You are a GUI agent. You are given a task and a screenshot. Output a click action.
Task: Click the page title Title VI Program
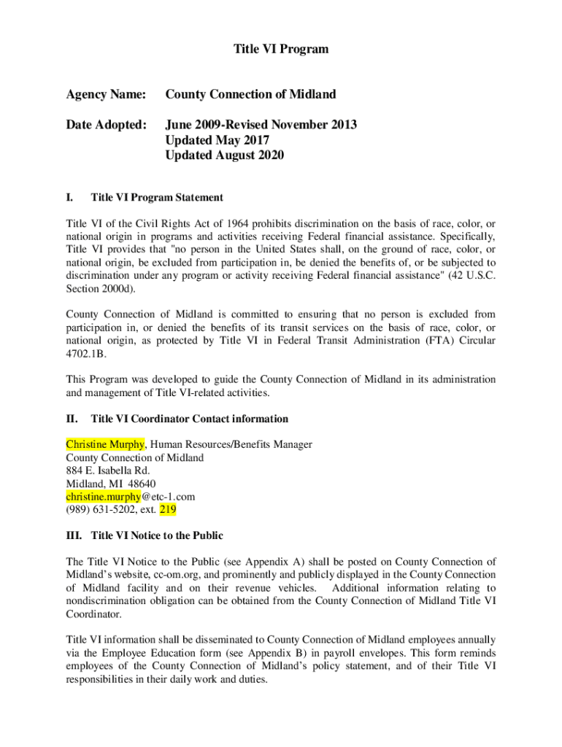281,50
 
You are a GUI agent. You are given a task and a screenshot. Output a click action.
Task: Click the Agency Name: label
106,94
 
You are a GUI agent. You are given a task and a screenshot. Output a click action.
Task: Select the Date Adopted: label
106,125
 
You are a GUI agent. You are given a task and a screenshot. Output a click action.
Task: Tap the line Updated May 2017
217,140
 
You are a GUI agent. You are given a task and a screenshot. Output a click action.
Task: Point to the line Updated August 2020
224,155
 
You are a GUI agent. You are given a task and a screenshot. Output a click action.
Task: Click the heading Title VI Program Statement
157,198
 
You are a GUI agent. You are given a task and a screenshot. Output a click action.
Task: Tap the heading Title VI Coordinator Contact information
189,419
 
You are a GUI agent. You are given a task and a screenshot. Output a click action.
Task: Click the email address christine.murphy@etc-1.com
131,497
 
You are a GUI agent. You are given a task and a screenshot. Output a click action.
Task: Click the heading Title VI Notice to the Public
157,535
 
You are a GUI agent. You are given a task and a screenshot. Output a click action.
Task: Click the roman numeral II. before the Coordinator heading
72,419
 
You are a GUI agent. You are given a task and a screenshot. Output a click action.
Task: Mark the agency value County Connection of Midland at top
250,94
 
